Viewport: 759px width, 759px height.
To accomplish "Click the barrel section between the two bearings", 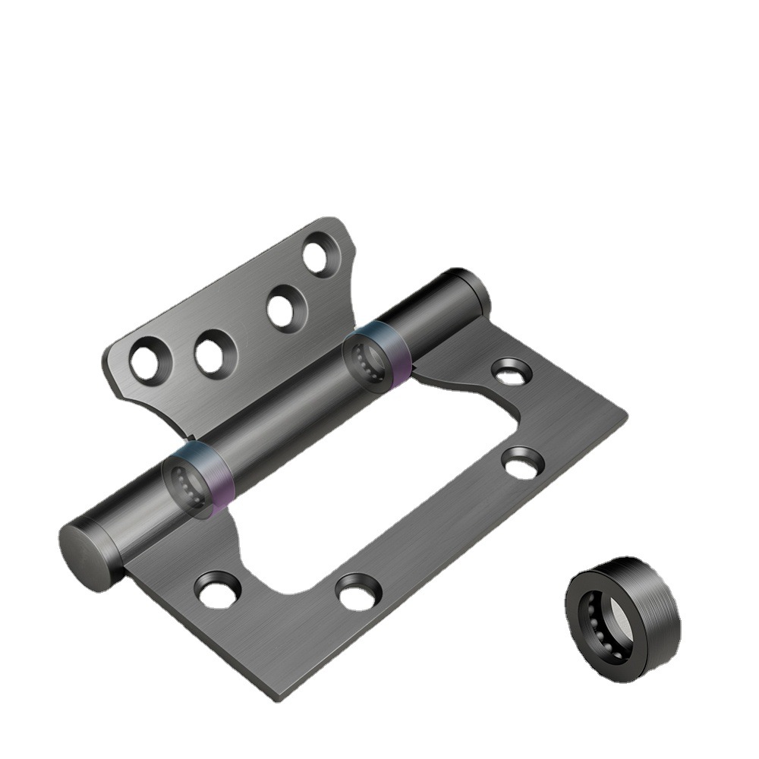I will tap(281, 414).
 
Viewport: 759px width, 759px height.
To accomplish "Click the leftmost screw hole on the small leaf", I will tap(144, 361).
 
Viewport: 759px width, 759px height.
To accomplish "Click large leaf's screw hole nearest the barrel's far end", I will tap(511, 372).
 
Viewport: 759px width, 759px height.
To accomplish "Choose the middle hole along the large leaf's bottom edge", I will tap(357, 591).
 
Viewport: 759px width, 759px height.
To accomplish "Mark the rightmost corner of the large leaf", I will tap(625, 414).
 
